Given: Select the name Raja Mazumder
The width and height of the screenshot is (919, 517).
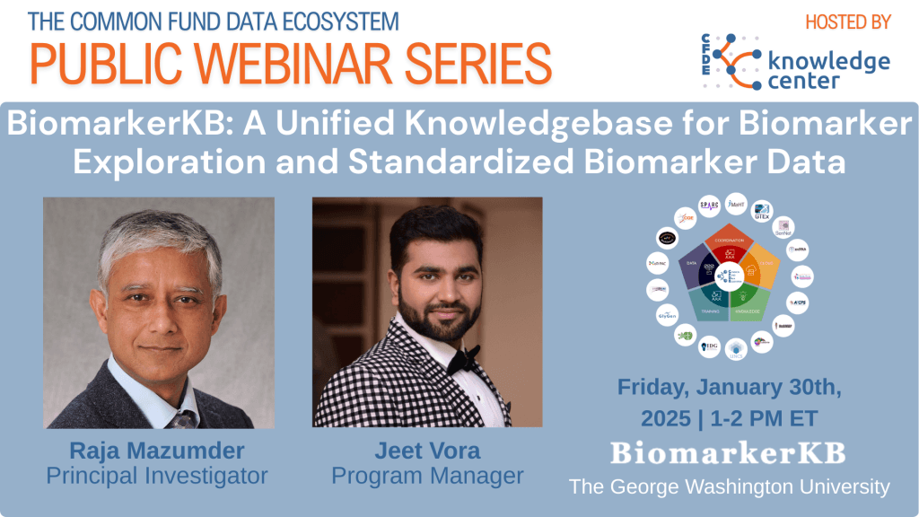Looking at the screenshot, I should point(158,449).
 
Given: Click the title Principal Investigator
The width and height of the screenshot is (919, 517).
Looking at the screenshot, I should point(157,476).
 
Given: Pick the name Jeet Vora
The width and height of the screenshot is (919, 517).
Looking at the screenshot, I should point(427,449).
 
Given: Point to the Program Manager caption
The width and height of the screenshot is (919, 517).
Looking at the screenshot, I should point(427,476).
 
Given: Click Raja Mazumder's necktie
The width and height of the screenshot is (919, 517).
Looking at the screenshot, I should point(183,417).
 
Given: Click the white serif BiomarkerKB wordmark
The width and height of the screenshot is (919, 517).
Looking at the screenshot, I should point(728,453).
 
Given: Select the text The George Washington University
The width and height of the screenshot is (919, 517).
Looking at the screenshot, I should point(729,487).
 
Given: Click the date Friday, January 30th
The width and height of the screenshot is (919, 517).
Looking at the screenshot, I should point(728,388).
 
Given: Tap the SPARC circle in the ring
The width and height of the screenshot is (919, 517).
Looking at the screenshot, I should point(710,206).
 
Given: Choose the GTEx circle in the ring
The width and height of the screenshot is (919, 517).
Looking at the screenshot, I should point(763,211).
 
